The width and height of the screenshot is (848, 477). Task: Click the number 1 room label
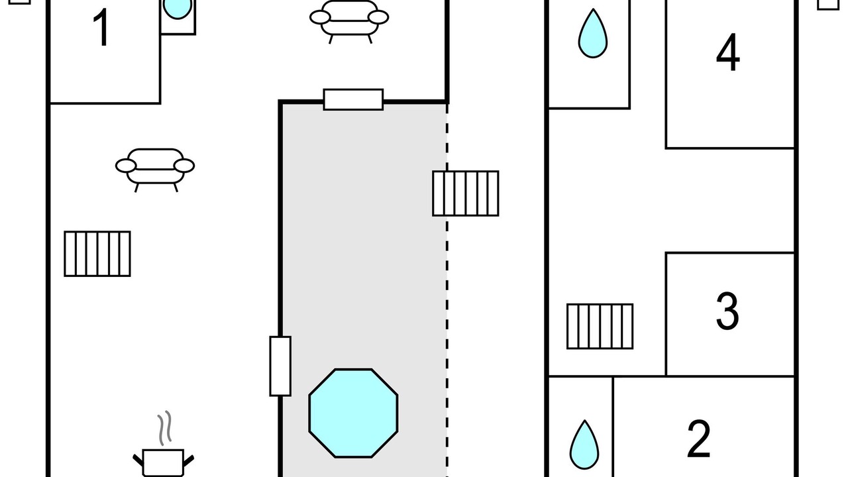point(101,28)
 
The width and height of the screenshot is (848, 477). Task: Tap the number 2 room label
point(699,439)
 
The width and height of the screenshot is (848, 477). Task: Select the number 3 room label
point(727,311)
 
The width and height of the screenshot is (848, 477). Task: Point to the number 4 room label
point(727,52)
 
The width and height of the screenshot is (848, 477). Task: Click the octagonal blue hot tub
point(353,413)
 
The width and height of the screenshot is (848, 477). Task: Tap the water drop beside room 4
point(593,34)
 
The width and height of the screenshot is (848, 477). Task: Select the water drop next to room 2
point(584,445)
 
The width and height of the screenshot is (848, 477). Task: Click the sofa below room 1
point(155,170)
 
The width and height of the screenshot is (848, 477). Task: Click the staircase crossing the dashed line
point(466,193)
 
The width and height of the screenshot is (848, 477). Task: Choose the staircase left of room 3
point(600,327)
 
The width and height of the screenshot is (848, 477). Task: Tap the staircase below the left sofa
point(97,254)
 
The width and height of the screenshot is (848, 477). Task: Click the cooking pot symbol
point(163,462)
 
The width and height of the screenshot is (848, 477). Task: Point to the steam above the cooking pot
point(165,428)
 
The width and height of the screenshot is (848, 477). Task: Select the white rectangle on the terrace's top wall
point(353,99)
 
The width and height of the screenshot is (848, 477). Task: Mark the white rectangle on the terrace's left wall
point(280,366)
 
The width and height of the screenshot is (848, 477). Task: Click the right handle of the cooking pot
point(189,460)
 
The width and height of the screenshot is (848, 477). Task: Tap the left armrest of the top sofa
point(320,17)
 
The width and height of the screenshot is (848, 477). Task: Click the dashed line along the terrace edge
point(447,290)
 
